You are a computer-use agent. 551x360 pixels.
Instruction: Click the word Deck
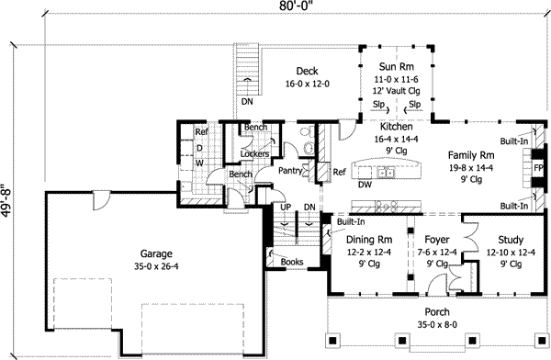pos(307,72)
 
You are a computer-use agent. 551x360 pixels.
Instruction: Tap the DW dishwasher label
pos(365,184)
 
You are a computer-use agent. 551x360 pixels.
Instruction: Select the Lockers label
pos(253,153)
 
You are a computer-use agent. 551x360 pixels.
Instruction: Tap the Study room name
pos(503,239)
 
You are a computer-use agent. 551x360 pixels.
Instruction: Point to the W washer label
pos(198,163)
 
